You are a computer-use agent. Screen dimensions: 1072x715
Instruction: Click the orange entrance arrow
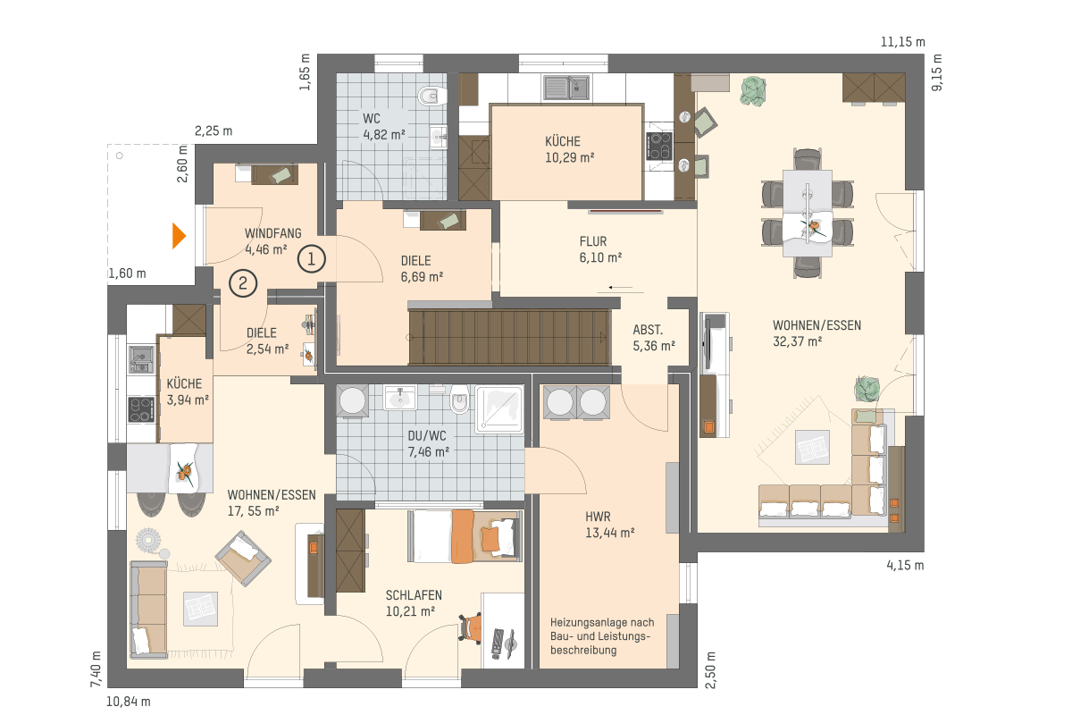[x=178, y=236]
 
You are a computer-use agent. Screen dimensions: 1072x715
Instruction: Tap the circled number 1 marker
[x=312, y=259]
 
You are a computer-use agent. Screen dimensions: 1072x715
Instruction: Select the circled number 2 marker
[x=243, y=283]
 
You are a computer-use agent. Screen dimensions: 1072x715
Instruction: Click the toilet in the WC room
[x=432, y=96]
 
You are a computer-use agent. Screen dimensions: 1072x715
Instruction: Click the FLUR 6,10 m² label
[x=600, y=249]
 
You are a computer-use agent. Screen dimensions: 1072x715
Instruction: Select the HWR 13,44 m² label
[x=609, y=525]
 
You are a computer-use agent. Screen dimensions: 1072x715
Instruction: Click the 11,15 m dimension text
[x=902, y=42]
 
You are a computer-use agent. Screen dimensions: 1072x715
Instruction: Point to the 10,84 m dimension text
[x=129, y=702]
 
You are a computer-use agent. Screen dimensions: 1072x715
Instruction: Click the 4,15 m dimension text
[x=905, y=565]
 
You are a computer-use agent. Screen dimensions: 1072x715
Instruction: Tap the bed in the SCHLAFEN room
[x=465, y=536]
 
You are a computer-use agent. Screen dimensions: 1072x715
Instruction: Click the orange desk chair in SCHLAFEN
[x=471, y=628]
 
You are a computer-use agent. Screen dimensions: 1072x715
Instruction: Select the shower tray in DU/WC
[x=499, y=409]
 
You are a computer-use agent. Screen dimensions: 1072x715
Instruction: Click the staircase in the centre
[x=509, y=337]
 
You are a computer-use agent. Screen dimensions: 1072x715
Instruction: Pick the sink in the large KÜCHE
[x=566, y=88]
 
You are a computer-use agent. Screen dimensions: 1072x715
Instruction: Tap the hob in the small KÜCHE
[x=142, y=409]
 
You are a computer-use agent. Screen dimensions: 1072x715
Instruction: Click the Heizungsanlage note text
[x=602, y=636]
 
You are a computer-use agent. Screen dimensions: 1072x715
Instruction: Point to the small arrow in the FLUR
[x=620, y=288]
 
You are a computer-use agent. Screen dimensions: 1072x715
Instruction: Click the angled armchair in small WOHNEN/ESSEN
[x=243, y=558]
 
